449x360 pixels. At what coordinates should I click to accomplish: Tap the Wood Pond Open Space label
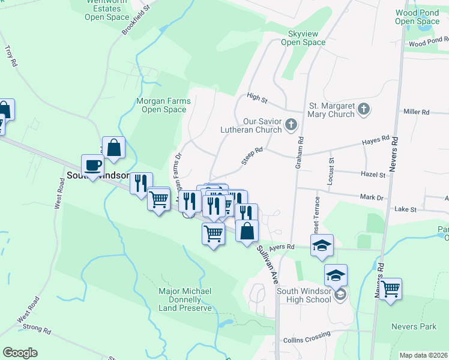(418, 17)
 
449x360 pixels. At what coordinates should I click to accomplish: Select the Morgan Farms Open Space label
(164, 105)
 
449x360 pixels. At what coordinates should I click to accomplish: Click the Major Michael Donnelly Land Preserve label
(185, 299)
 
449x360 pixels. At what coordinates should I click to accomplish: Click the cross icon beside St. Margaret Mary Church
(363, 109)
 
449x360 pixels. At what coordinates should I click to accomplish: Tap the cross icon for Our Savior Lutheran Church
(291, 125)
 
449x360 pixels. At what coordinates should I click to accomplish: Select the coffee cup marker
(93, 165)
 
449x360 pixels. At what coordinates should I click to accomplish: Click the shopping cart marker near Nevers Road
(390, 289)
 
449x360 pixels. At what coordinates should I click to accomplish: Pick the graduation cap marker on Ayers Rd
(322, 244)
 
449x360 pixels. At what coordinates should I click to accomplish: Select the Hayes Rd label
(376, 140)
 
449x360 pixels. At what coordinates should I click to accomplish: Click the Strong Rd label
(37, 328)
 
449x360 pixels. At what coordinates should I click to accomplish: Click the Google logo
(20, 352)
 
